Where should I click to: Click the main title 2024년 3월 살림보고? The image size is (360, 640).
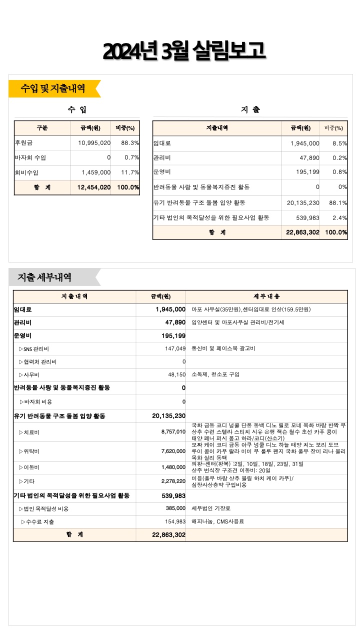pos(183,51)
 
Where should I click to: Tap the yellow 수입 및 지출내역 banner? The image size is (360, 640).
pos(53,88)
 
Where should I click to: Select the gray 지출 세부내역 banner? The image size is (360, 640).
pos(45,277)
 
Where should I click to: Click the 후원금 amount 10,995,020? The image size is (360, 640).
pos(94,143)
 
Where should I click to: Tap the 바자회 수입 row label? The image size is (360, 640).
pos(30,158)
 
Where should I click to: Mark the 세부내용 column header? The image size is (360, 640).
pos(266,296)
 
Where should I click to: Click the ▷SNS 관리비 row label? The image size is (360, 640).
pos(37,348)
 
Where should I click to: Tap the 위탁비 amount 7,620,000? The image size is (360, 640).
pos(173,451)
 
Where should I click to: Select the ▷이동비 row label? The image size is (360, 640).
pos(29,467)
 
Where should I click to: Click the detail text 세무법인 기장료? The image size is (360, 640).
pos(211,508)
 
